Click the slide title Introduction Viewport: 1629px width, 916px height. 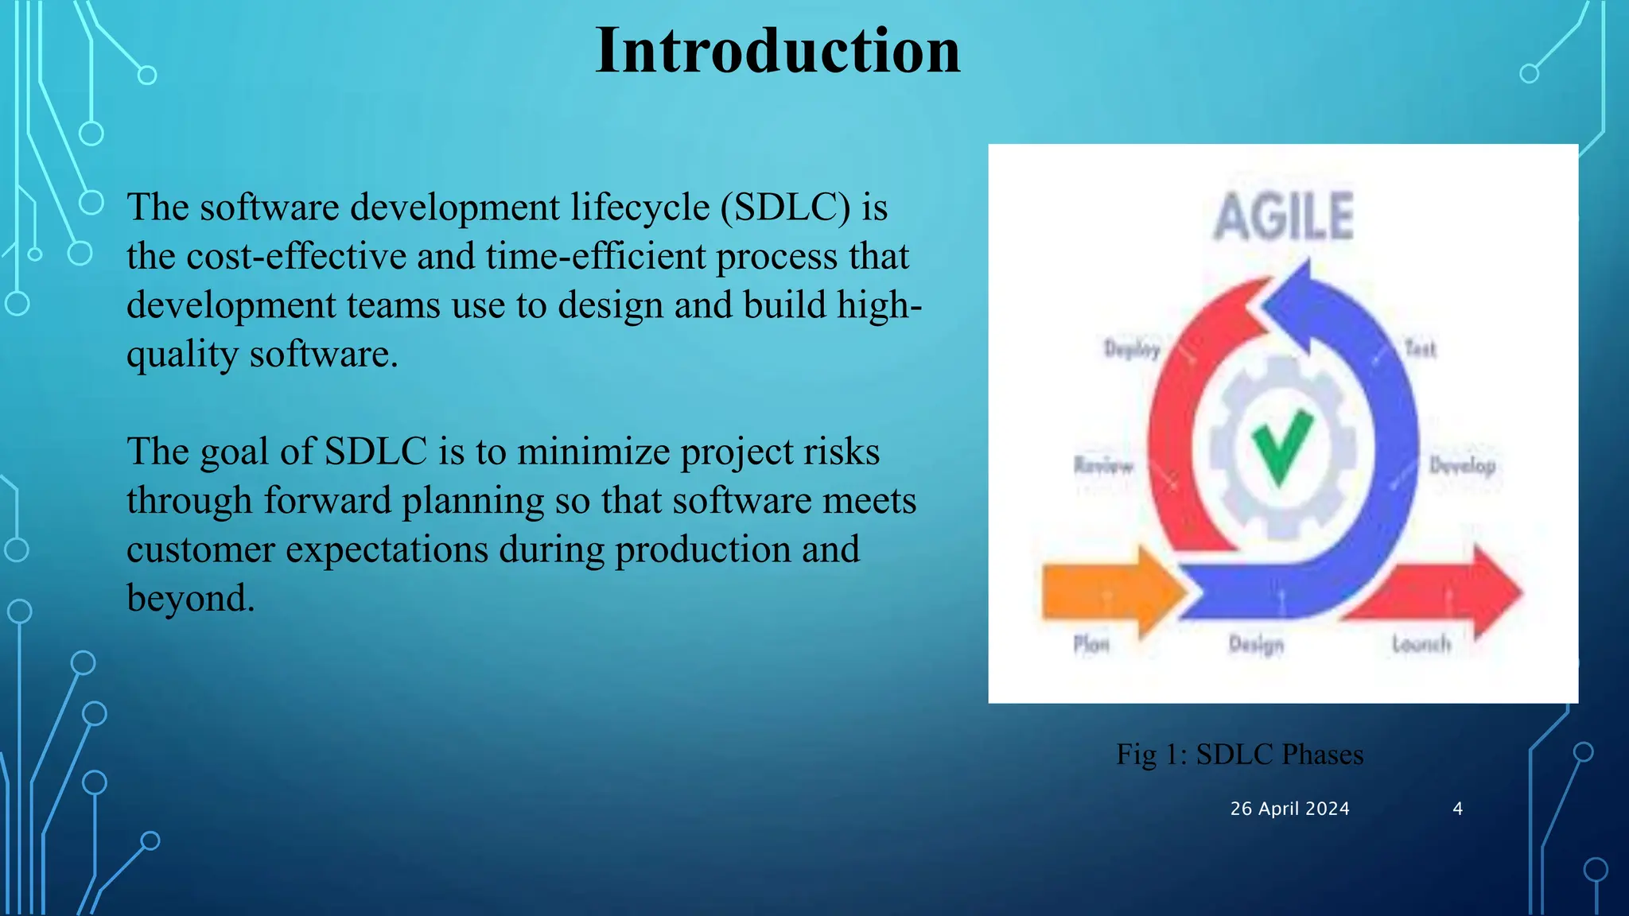[x=777, y=51]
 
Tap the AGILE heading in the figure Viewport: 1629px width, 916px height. [x=1283, y=217]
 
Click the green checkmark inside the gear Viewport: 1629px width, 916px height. [x=1282, y=446]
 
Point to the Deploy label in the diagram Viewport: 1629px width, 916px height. [x=1132, y=348]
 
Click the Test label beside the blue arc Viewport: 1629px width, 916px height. [x=1420, y=348]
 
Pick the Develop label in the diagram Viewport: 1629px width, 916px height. [x=1462, y=465]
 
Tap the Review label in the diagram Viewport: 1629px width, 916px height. [x=1102, y=465]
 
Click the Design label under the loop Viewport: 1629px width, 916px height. [x=1256, y=643]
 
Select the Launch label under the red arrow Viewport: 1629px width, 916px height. [x=1421, y=643]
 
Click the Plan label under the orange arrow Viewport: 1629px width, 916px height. [x=1091, y=643]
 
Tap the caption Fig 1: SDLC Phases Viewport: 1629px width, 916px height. [x=1239, y=754]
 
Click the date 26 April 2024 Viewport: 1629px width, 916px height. [x=1289, y=809]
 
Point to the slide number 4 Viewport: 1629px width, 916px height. [x=1457, y=809]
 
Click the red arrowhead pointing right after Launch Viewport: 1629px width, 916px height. [x=1494, y=592]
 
